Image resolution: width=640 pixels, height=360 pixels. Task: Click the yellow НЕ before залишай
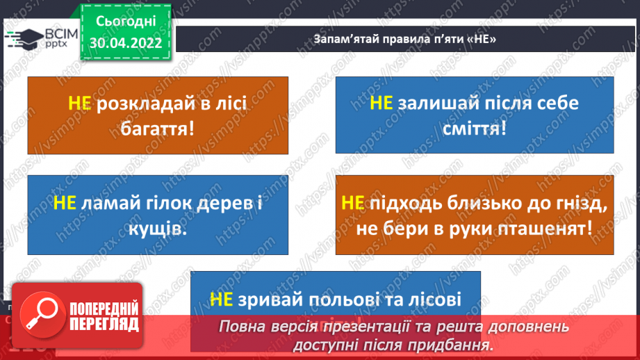tap(381, 104)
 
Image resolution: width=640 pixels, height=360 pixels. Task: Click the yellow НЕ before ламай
tap(65, 203)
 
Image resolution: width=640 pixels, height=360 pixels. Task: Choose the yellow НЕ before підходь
tap(353, 203)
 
